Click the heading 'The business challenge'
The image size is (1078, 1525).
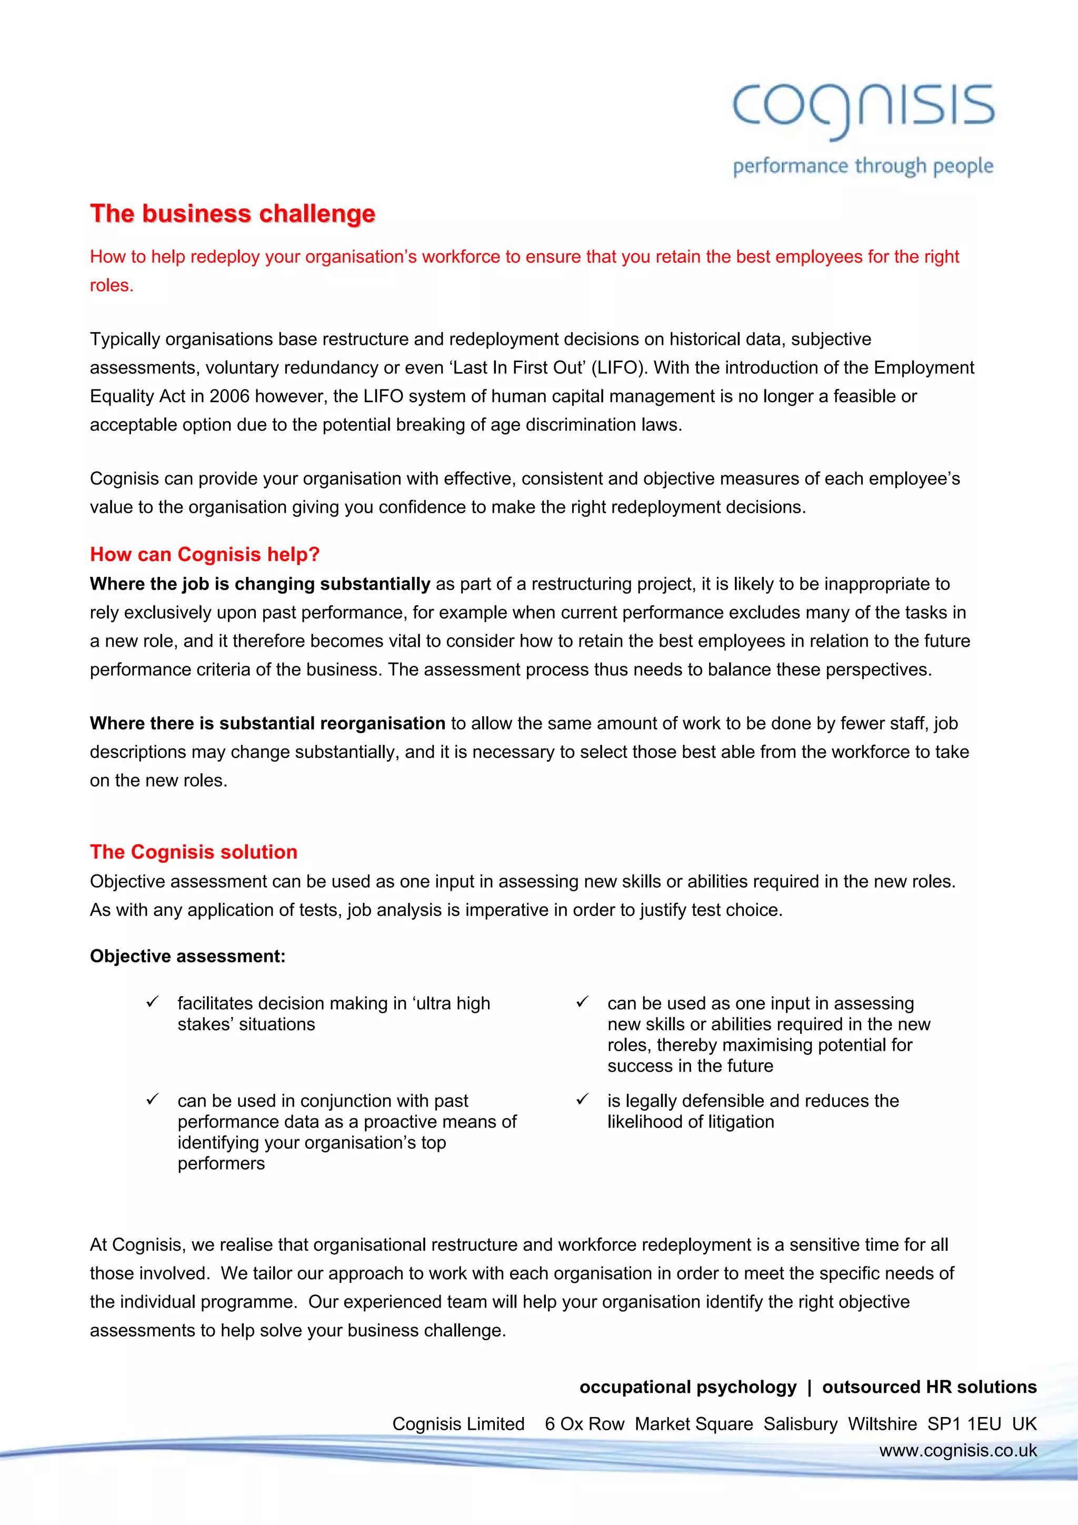tap(233, 214)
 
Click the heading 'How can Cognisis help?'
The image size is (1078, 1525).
tap(205, 555)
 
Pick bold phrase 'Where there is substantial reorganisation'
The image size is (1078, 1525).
tap(267, 723)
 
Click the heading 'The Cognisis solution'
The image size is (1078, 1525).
tap(193, 852)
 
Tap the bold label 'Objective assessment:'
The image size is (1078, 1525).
tap(187, 956)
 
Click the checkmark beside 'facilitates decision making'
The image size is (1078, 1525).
tap(152, 1002)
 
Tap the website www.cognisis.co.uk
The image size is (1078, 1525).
tap(958, 1451)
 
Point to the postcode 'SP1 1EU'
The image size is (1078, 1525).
tap(964, 1424)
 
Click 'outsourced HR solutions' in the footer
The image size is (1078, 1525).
tap(929, 1387)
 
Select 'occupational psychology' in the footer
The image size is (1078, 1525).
tap(687, 1387)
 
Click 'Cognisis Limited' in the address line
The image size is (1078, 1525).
tap(458, 1424)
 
